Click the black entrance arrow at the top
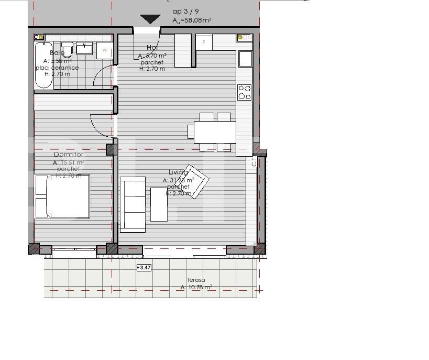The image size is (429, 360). pyautogui.click(x=150, y=19)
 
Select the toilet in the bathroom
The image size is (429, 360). pyautogui.click(x=67, y=50)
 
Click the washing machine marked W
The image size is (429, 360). pyautogui.click(x=105, y=51)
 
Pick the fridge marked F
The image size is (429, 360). pyautogui.click(x=204, y=42)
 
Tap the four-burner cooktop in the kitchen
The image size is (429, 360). pyautogui.click(x=245, y=92)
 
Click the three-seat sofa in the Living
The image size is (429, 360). pyautogui.click(x=133, y=205)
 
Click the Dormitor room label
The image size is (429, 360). pyautogui.click(x=69, y=155)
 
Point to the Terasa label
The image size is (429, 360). pyautogui.click(x=196, y=280)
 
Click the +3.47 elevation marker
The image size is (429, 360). pyautogui.click(x=144, y=268)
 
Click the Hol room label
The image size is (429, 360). pyautogui.click(x=152, y=48)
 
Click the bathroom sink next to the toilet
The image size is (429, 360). pyautogui.click(x=84, y=49)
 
